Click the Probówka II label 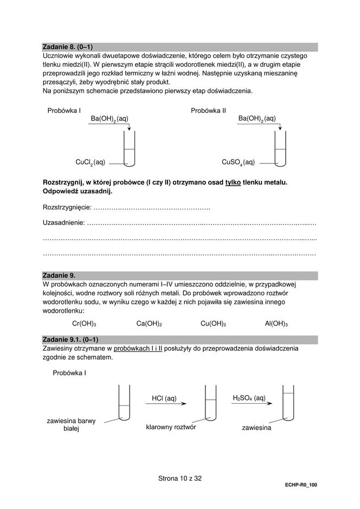tap(208, 110)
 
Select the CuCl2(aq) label tap(90, 162)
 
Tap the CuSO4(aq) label tap(238, 162)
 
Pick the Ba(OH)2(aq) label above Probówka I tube tap(110, 118)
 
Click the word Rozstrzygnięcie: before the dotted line tap(67, 208)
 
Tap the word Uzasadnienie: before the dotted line tap(64, 222)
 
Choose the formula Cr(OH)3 tap(84, 323)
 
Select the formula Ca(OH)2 tap(150, 323)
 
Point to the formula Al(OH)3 tap(276, 323)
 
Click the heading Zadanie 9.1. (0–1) tap(70, 340)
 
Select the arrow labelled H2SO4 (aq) tap(249, 404)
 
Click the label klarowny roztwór tap(171, 427)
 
